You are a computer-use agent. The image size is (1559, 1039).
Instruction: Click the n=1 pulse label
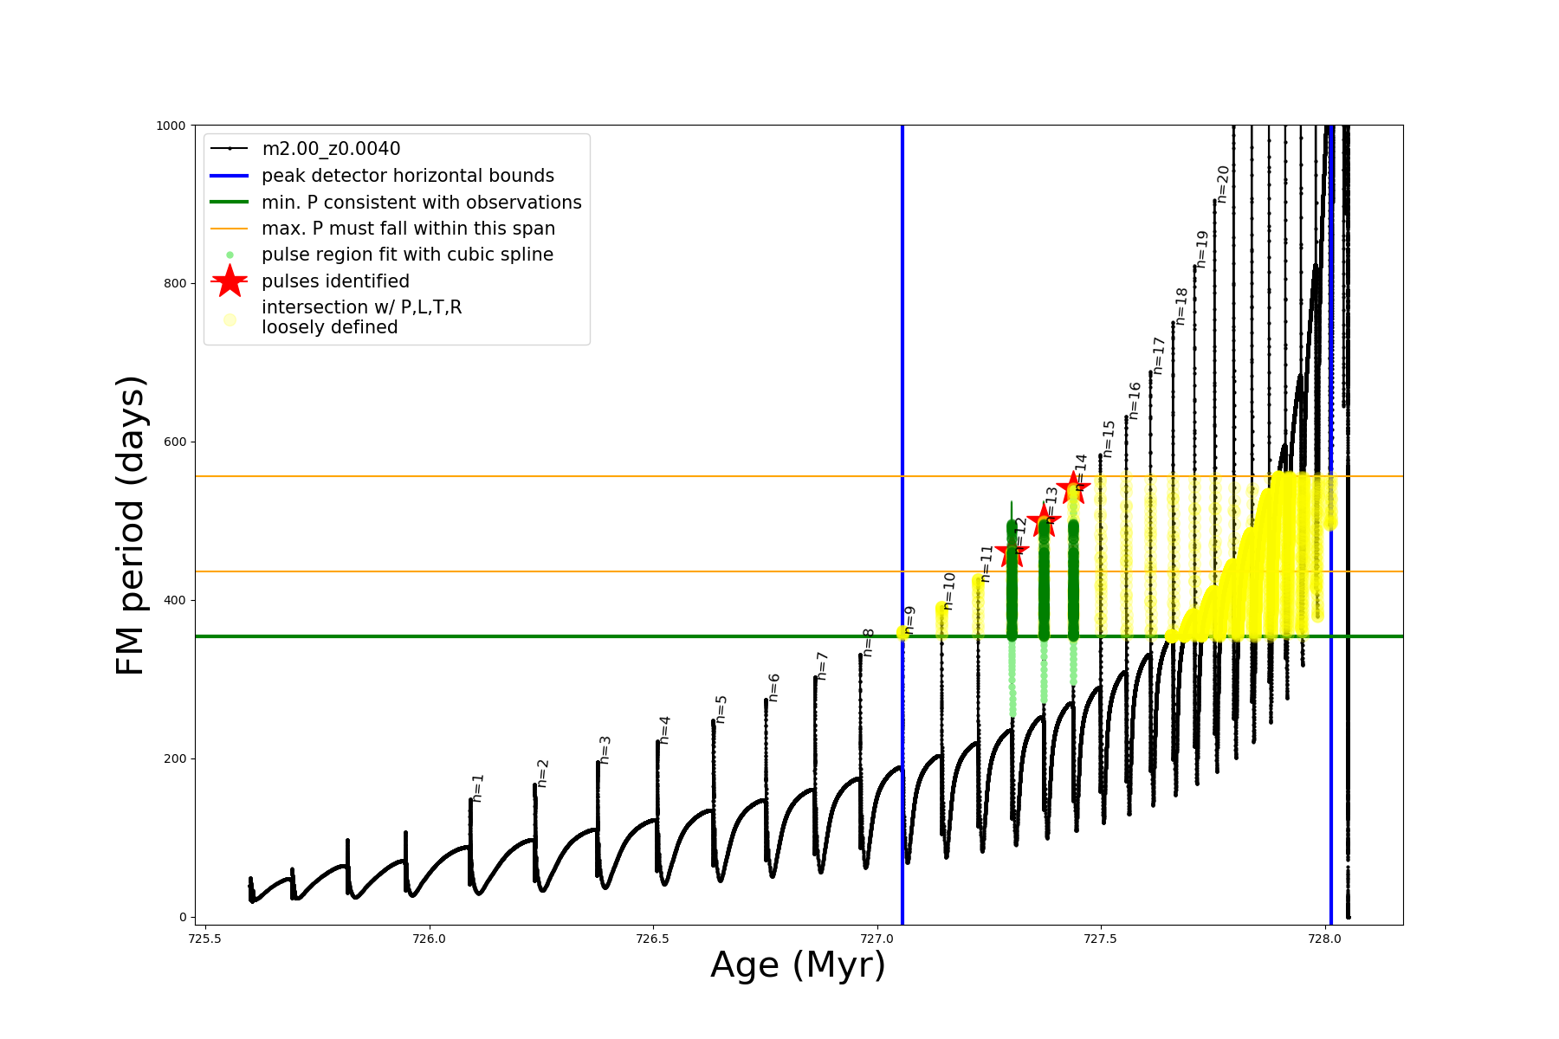(x=478, y=788)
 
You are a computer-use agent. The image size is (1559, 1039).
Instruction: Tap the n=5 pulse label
(x=721, y=709)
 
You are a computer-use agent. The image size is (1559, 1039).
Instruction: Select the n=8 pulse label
(x=869, y=642)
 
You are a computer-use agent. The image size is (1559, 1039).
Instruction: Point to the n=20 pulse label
(x=1223, y=184)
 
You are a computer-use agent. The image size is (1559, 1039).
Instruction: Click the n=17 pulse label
(x=1159, y=356)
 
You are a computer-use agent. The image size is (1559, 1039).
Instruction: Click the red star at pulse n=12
(x=1012, y=552)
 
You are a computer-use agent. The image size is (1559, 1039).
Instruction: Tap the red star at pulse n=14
(x=1073, y=487)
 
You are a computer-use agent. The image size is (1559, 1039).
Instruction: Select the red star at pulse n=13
(x=1044, y=520)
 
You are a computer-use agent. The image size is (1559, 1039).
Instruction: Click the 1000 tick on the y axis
(x=171, y=126)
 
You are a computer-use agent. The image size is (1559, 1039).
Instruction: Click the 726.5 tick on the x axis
(x=652, y=939)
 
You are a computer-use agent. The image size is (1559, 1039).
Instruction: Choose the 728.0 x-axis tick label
(x=1324, y=939)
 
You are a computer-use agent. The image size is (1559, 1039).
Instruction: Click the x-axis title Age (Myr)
(x=798, y=965)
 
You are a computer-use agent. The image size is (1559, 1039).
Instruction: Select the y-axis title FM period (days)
(x=130, y=526)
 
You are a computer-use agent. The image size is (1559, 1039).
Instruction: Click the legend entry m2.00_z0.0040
(x=331, y=149)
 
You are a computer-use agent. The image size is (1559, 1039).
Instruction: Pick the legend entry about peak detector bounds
(x=407, y=176)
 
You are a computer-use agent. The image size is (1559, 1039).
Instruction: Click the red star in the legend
(x=230, y=281)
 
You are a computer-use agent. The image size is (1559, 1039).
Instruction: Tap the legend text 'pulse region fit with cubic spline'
(x=407, y=255)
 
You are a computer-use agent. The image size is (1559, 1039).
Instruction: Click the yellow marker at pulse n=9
(x=902, y=633)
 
